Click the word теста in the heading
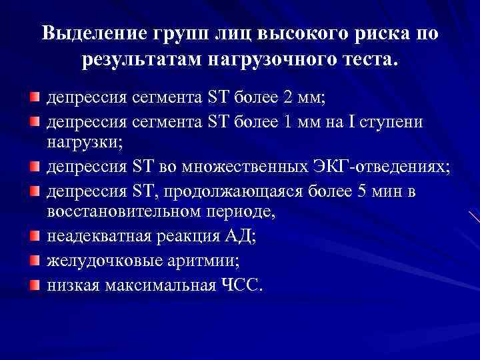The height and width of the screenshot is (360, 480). [367, 61]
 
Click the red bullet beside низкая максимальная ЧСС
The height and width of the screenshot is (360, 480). [33, 285]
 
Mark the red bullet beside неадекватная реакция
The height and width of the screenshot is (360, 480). [33, 236]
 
